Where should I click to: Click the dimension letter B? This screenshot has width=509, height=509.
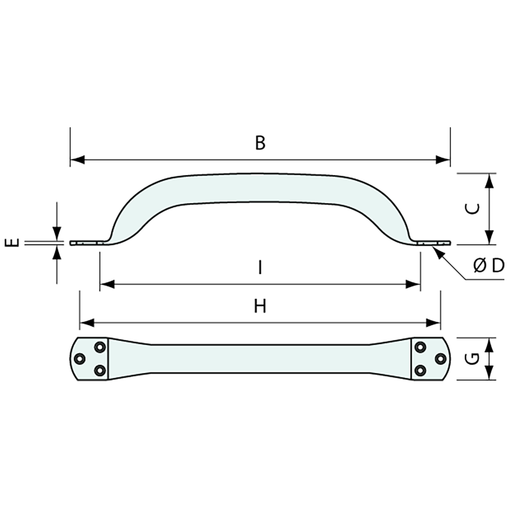tap(260, 143)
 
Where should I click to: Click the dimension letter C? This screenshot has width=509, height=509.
tap(471, 209)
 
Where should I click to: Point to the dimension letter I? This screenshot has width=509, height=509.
tap(260, 267)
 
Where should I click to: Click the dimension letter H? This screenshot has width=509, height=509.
tap(260, 306)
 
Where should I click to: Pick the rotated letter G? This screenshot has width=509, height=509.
tap(471, 359)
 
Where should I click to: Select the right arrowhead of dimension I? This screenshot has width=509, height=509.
tap(413, 284)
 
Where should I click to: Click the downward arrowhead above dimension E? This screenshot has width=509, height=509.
tap(57, 234)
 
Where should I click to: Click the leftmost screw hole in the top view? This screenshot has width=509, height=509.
tap(80, 359)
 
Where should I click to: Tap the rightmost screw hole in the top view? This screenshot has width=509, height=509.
tap(440, 359)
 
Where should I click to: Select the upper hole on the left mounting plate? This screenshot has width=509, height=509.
tap(99, 347)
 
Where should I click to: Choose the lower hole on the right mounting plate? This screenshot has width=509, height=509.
tap(420, 370)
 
